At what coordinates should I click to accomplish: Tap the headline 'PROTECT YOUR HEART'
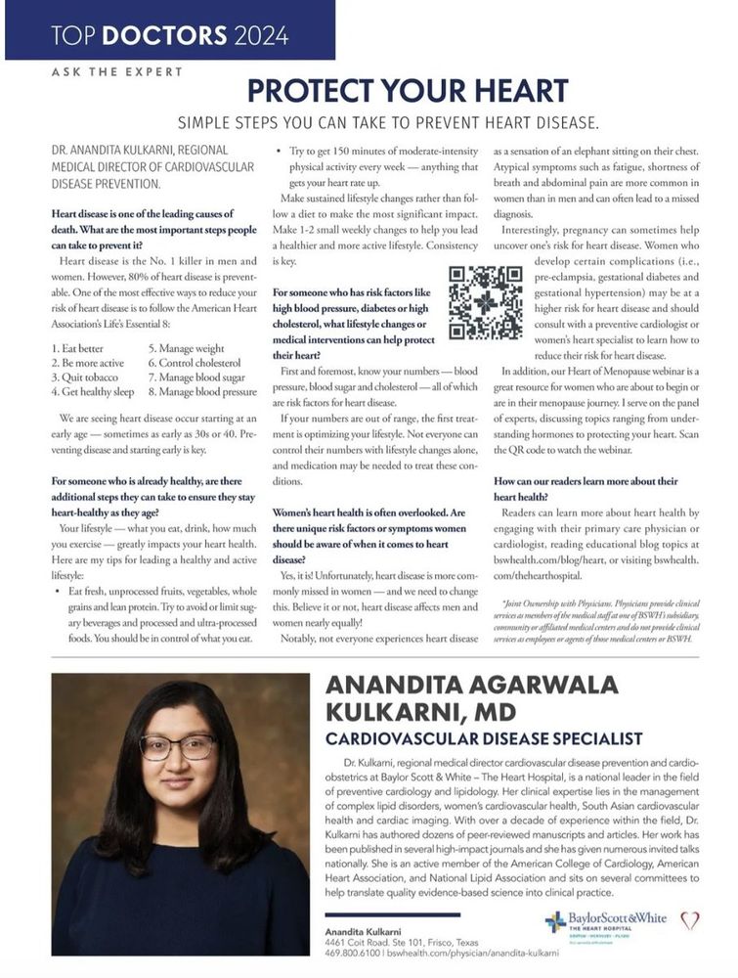point(407,91)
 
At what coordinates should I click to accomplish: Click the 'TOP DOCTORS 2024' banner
point(170,36)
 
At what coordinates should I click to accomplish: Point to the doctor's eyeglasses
point(177,747)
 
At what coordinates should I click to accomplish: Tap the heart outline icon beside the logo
point(690,920)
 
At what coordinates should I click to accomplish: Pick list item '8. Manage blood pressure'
point(202,390)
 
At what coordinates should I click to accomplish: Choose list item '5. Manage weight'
point(186,347)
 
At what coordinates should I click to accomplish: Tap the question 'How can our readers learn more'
point(586,482)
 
